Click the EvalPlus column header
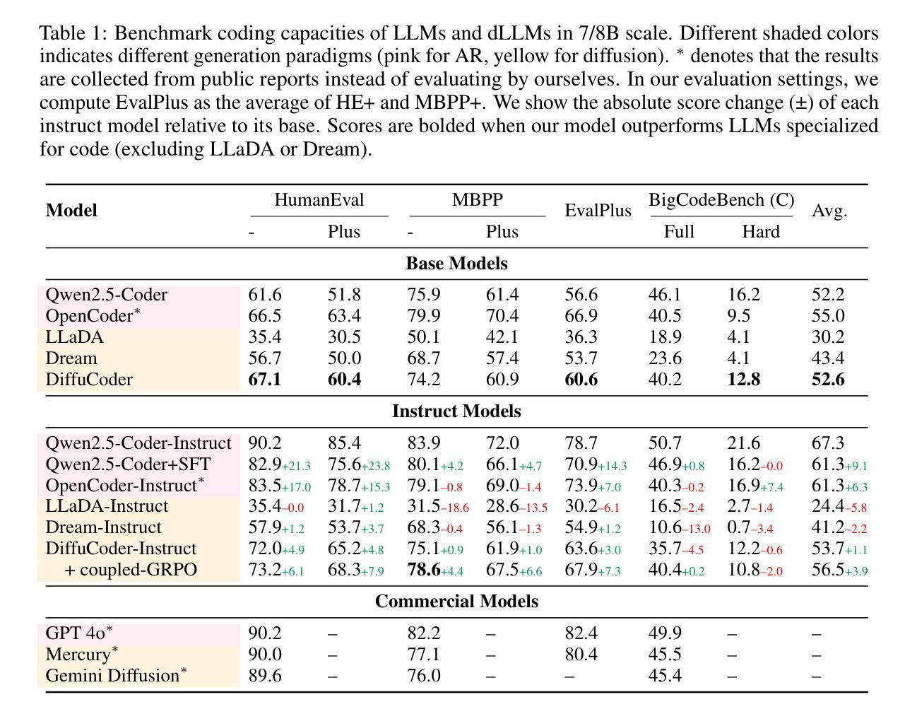[598, 210]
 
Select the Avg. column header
[829, 210]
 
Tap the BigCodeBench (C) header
[721, 200]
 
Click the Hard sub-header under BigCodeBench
[760, 231]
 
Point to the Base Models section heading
[456, 263]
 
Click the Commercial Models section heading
[456, 601]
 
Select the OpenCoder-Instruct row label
[125, 485]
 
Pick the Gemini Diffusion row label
[116, 675]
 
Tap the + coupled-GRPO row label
[131, 570]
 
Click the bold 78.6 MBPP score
[424, 570]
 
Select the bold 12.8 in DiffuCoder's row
[743, 379]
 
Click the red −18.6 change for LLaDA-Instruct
[454, 508]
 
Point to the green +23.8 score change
[376, 466]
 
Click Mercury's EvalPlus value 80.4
[581, 654]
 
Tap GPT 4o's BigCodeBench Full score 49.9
[665, 633]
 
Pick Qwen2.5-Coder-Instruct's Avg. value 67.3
[828, 443]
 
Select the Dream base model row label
[71, 358]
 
